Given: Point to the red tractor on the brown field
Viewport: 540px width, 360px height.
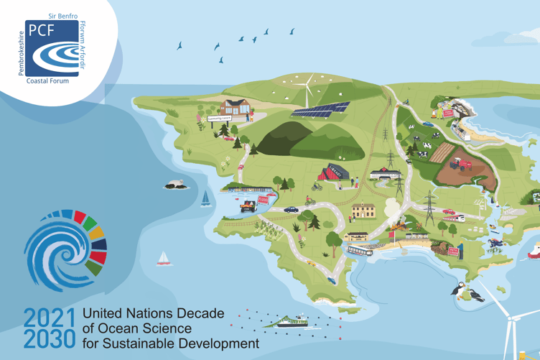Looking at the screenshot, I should point(458,163).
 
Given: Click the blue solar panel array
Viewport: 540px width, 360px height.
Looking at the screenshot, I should point(320,110).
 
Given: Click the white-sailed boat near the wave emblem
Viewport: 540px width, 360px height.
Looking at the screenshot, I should point(164,258).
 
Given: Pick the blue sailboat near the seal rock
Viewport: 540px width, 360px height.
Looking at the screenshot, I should point(206,197).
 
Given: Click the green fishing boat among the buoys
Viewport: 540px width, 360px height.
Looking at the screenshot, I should point(292,320).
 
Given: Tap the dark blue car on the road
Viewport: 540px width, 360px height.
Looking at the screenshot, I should point(290,210).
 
